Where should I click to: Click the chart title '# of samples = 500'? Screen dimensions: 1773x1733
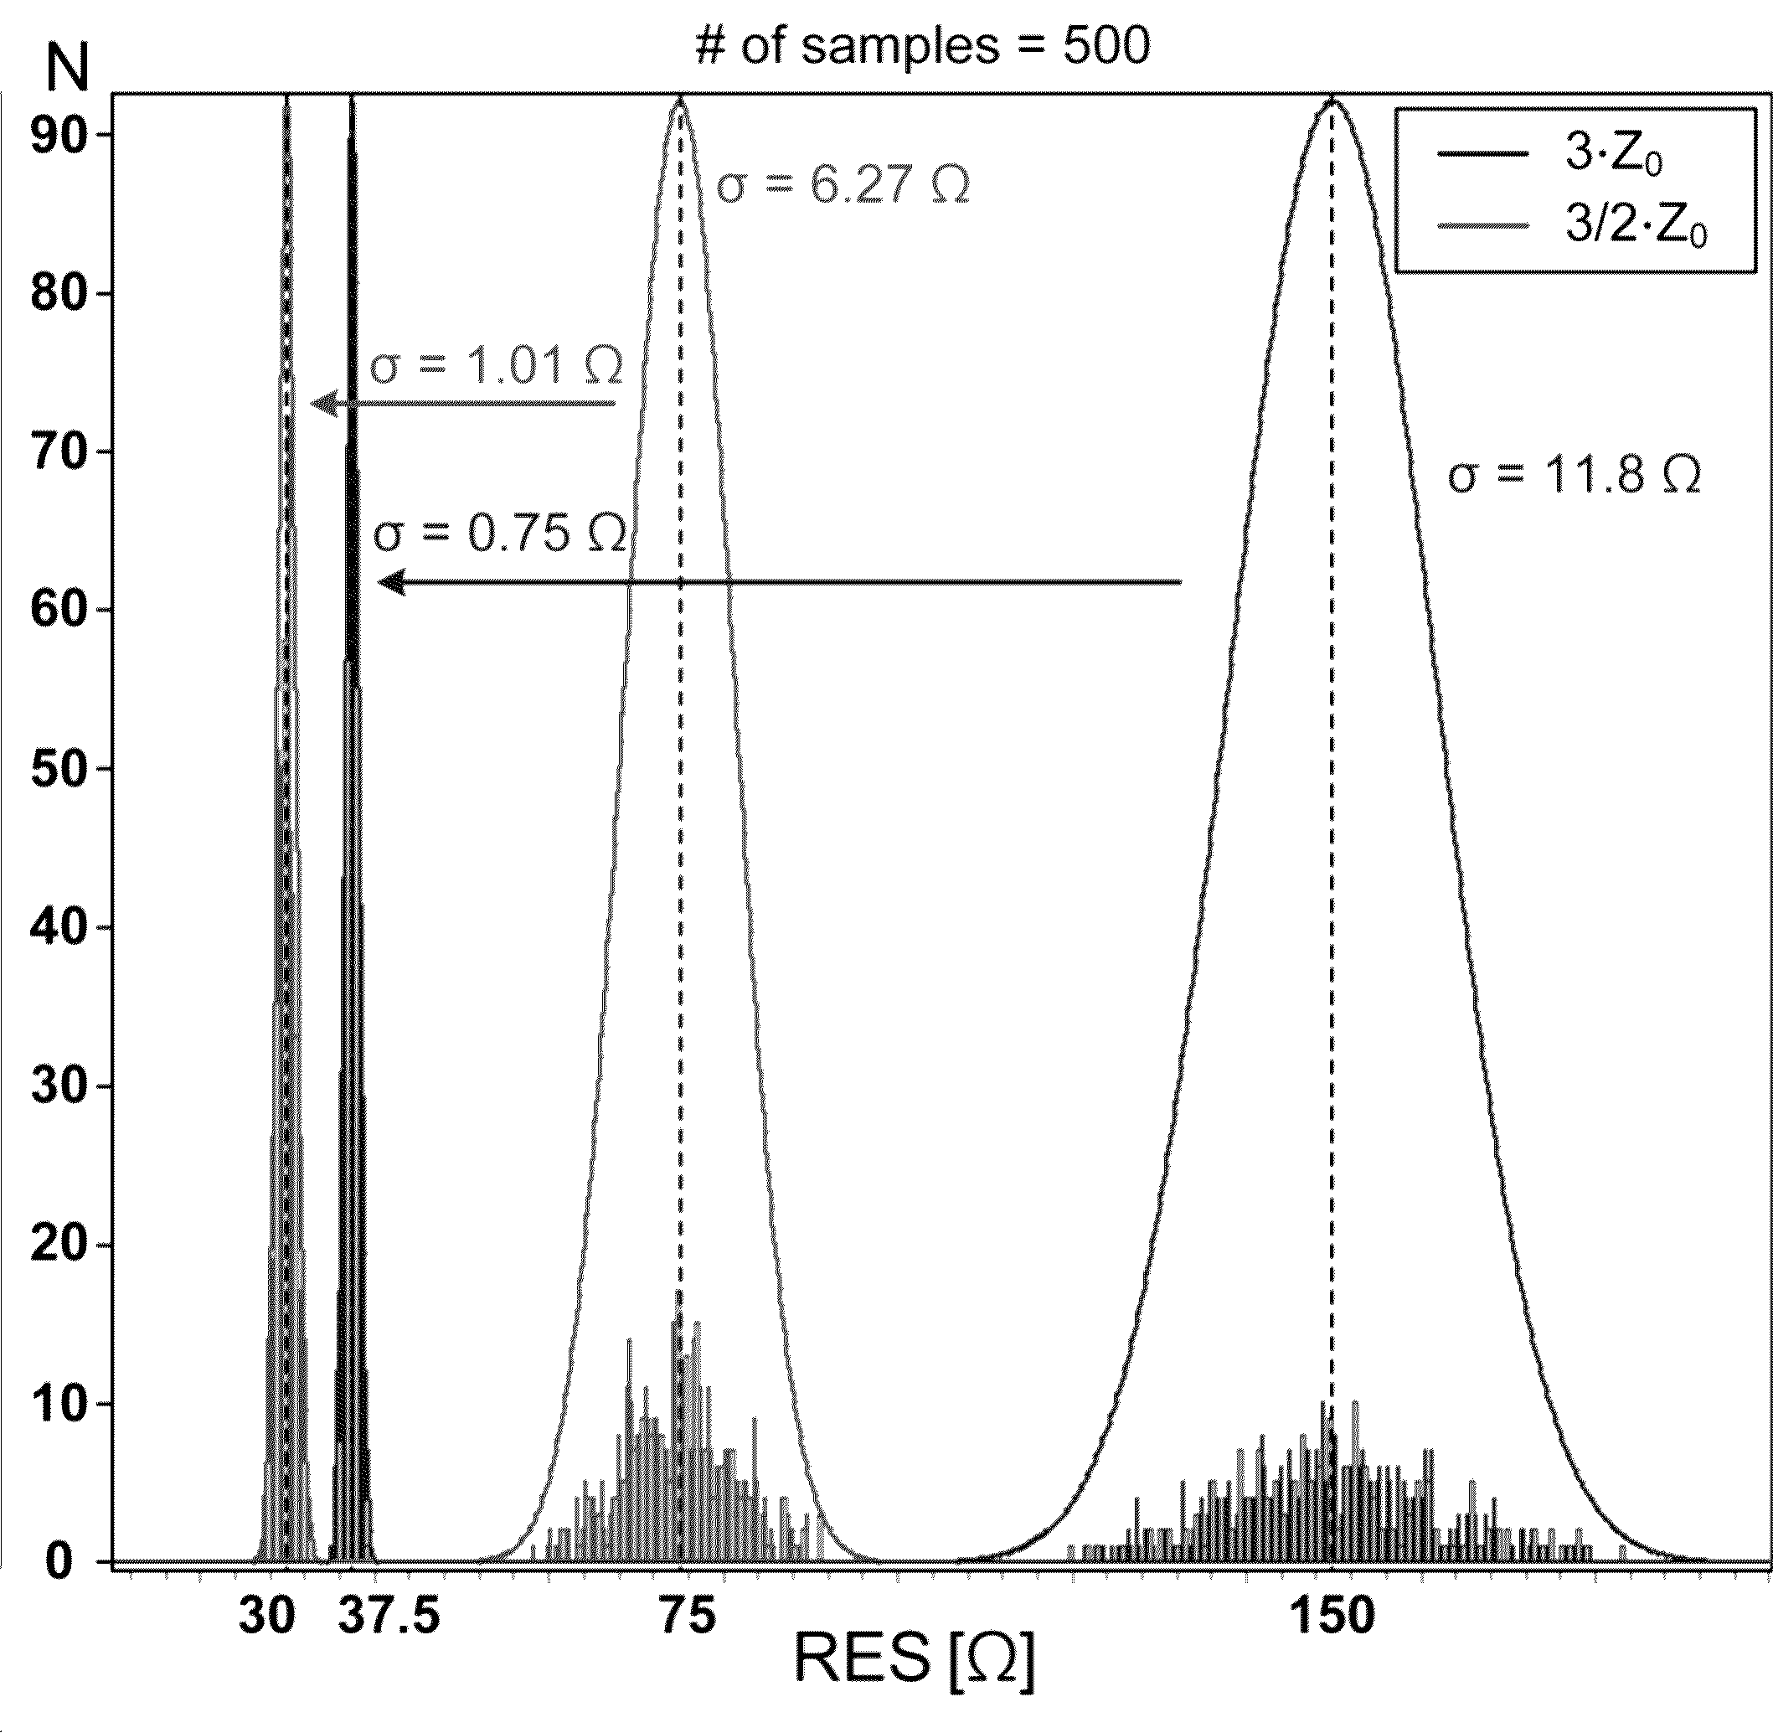click(x=921, y=45)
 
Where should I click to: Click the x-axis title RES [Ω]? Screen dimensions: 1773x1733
click(x=914, y=1658)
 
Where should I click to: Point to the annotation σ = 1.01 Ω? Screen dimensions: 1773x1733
click(x=496, y=367)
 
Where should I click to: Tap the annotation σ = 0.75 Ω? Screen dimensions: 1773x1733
click(x=500, y=534)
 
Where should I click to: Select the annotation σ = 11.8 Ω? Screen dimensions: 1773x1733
click(x=1574, y=475)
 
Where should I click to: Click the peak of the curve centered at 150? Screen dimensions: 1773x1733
click(x=1332, y=101)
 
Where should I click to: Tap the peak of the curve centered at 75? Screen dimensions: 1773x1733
click(x=680, y=101)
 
